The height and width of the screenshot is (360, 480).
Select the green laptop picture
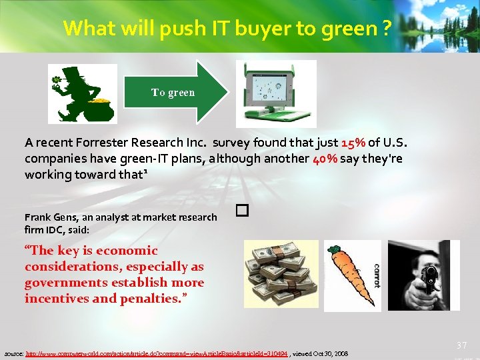[277, 93]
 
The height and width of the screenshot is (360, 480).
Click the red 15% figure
[353, 143]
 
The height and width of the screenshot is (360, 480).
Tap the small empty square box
[242, 211]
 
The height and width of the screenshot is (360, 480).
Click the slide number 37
[461, 345]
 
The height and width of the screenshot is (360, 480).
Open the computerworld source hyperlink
[157, 353]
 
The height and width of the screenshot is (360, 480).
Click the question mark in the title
[388, 29]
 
